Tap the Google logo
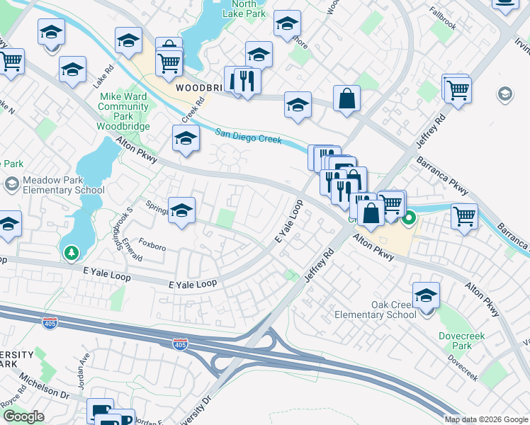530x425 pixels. click(x=23, y=416)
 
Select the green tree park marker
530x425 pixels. click(x=71, y=252)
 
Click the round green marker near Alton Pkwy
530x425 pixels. click(x=409, y=220)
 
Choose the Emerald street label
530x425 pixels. click(x=132, y=251)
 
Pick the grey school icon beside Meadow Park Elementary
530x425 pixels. click(x=11, y=185)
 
